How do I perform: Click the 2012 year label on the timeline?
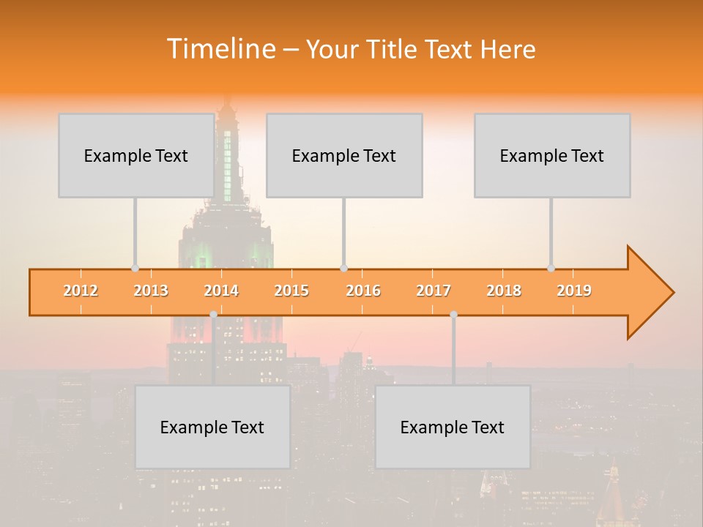[x=81, y=291]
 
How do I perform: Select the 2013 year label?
[x=151, y=291]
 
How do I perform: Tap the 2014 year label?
[x=221, y=291]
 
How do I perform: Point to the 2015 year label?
[x=291, y=291]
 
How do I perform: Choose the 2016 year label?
[x=363, y=291]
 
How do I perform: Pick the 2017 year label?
[x=434, y=291]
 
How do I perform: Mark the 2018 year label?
[x=504, y=291]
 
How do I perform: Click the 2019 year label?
[x=574, y=291]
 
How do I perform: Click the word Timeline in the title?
[x=220, y=49]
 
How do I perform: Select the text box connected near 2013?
[x=136, y=155]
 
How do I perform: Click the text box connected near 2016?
[x=344, y=155]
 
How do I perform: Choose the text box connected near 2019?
[x=552, y=155]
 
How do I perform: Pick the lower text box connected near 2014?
[x=212, y=427]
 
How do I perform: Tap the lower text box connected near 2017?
[x=453, y=427]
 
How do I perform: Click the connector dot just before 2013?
[x=135, y=268]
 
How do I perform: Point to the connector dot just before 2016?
[x=343, y=268]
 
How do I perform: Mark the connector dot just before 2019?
[x=551, y=268]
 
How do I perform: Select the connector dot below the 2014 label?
[x=213, y=314]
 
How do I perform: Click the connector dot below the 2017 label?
[x=453, y=314]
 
